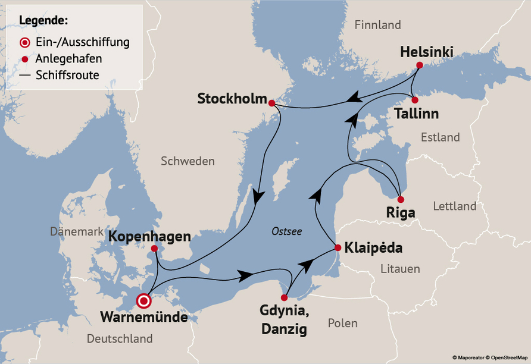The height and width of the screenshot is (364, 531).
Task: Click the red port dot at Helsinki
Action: (x=420, y=65)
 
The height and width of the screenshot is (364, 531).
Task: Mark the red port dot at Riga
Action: (x=401, y=199)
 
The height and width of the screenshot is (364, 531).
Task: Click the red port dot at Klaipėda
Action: (x=338, y=247)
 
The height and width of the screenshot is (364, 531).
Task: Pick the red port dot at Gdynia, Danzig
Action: (x=285, y=297)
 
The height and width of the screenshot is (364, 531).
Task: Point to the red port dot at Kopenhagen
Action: (x=155, y=249)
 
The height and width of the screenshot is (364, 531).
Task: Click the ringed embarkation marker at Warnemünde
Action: (x=143, y=301)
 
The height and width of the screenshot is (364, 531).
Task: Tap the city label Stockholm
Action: (x=232, y=99)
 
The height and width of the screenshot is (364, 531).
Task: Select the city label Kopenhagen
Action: (x=149, y=237)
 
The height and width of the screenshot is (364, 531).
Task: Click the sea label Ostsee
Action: (x=286, y=231)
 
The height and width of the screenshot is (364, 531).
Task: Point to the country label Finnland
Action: (x=377, y=25)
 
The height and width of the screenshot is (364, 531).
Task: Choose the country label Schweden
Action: (x=188, y=161)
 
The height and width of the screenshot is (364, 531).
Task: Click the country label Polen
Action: (x=342, y=323)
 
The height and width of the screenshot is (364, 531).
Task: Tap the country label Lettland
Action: (x=454, y=206)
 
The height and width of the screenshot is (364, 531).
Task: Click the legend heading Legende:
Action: (x=43, y=21)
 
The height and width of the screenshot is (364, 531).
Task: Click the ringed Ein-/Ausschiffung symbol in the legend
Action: (x=24, y=43)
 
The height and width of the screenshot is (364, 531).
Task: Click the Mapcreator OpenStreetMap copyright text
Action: (x=490, y=357)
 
